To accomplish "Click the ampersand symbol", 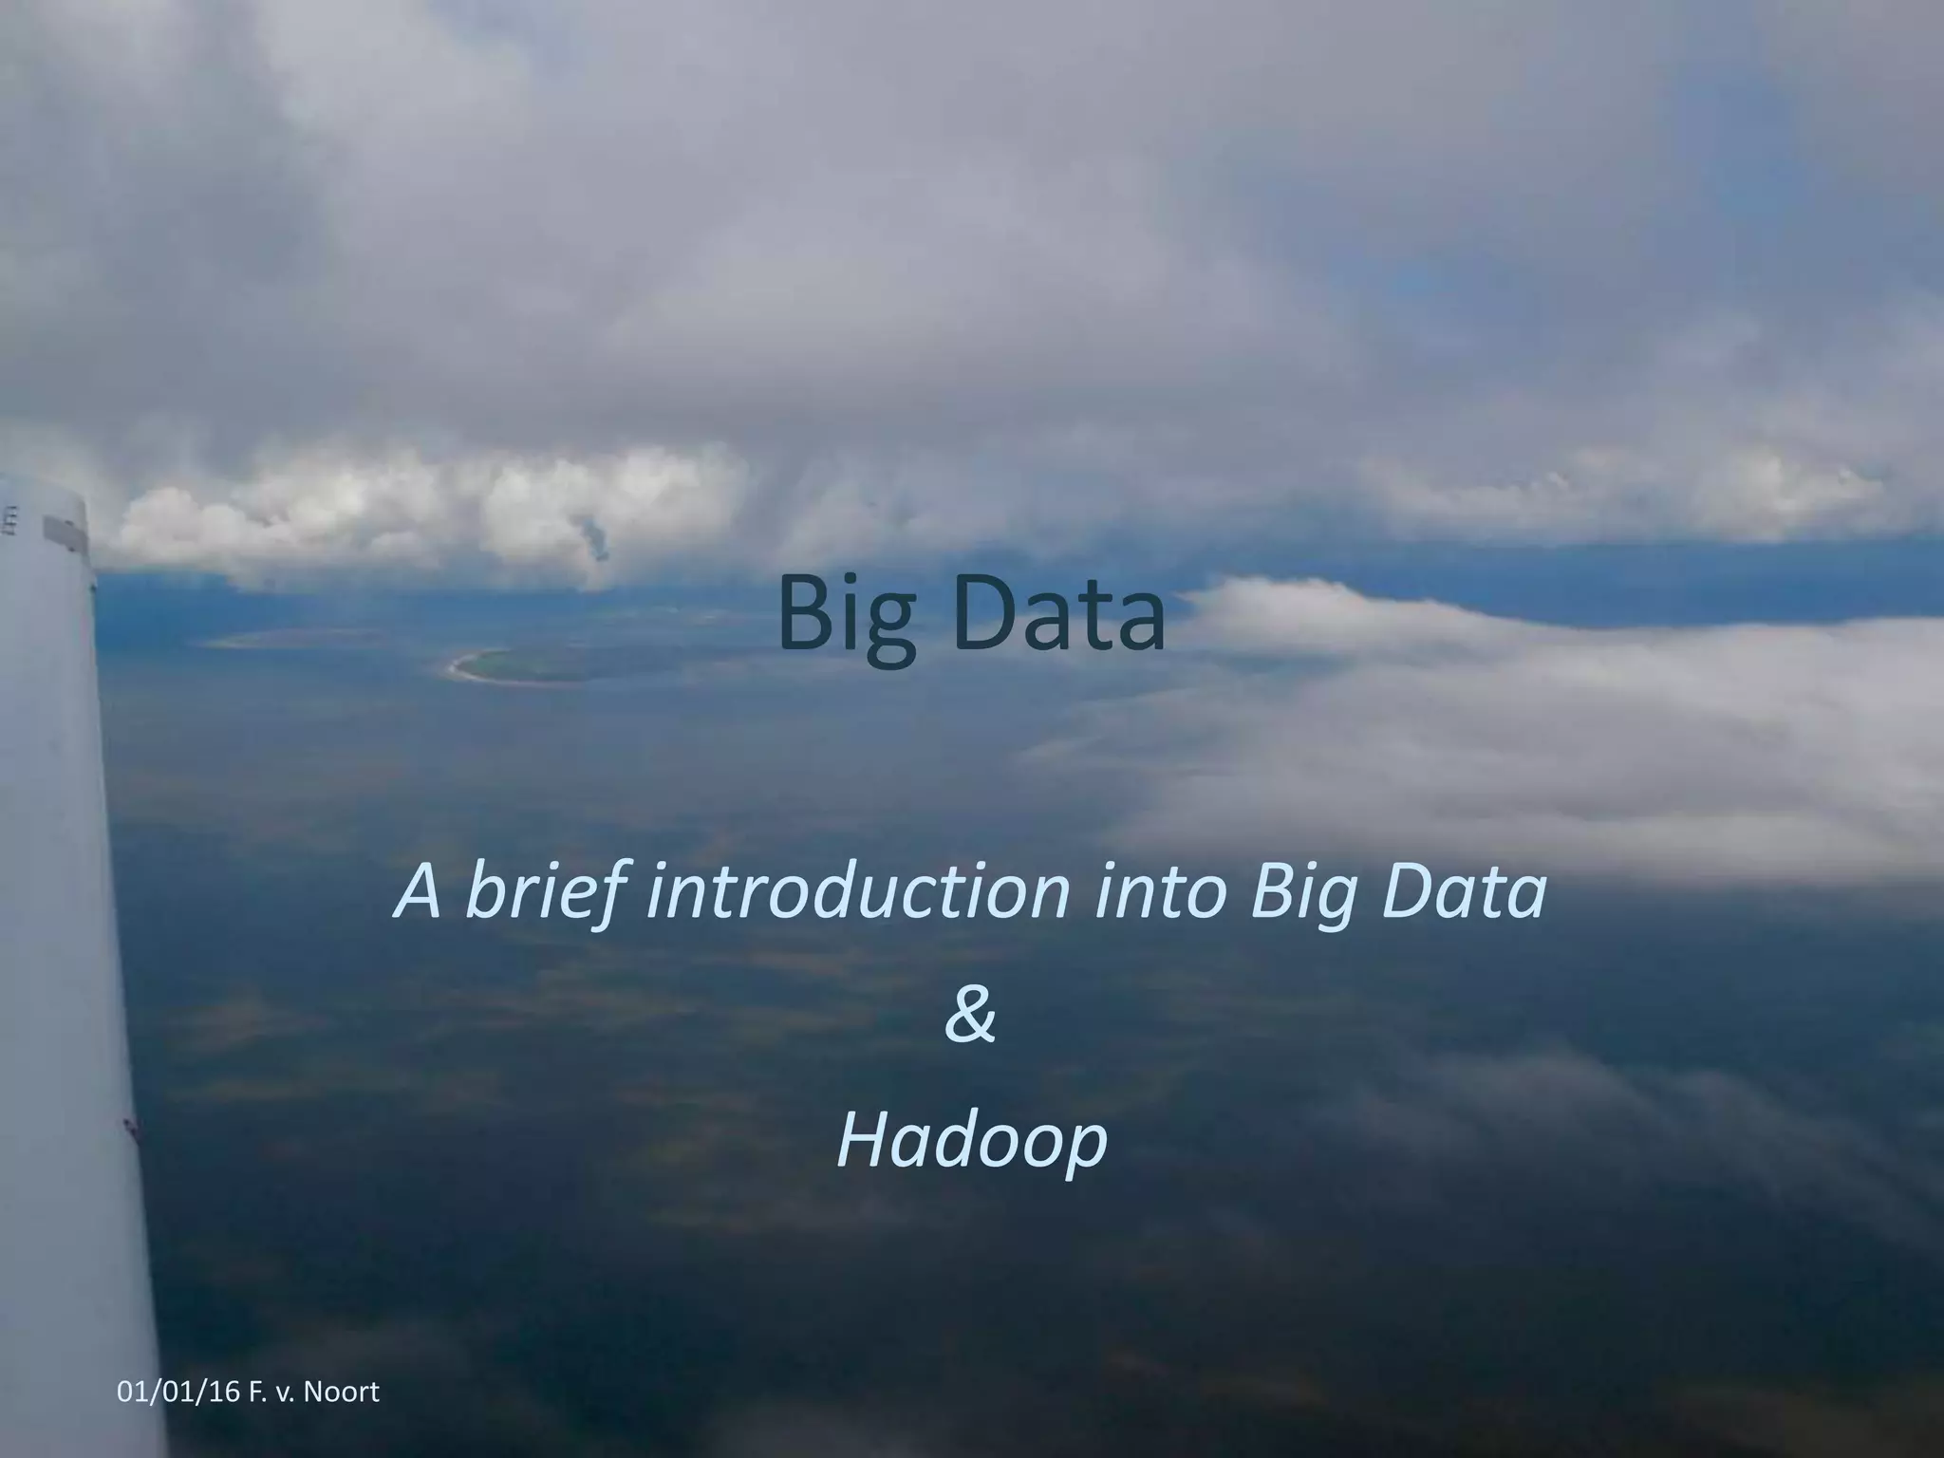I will coord(970,1016).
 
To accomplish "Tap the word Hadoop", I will coord(972,1142).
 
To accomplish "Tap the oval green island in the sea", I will coord(517,664).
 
